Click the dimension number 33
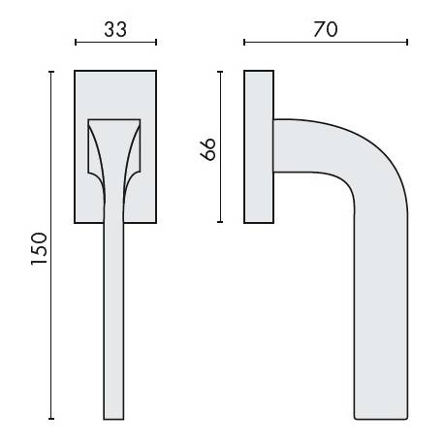[115, 29]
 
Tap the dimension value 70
[326, 29]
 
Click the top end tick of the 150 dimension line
[51, 70]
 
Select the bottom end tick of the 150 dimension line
[51, 418]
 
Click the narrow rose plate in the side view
[259, 145]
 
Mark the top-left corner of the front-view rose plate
[76, 70]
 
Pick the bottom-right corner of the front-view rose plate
[155, 222]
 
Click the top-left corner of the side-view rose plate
[245, 70]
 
